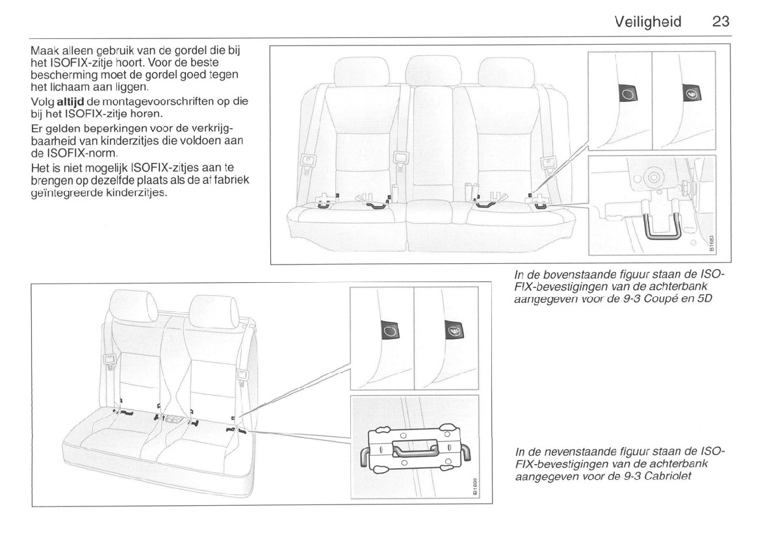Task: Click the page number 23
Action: [721, 22]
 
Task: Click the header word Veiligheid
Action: [647, 22]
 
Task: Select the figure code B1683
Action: [711, 243]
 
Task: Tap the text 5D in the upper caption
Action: [701, 300]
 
